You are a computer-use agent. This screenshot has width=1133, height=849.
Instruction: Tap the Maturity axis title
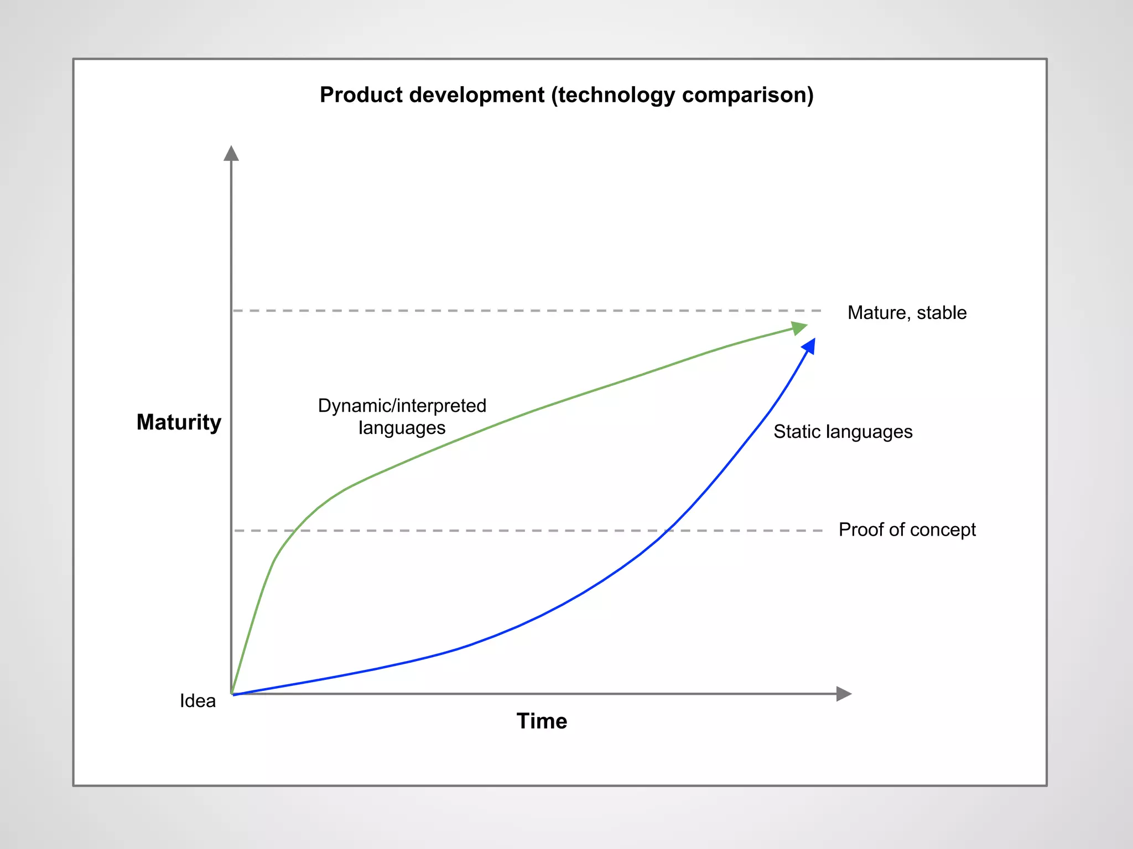pyautogui.click(x=179, y=422)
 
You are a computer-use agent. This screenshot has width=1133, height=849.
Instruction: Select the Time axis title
pyautogui.click(x=542, y=721)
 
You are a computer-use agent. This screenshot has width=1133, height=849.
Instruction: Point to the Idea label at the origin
pyautogui.click(x=198, y=701)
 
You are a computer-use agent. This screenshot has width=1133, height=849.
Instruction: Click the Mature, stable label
pyautogui.click(x=907, y=313)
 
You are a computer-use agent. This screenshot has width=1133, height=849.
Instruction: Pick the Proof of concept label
pyautogui.click(x=907, y=530)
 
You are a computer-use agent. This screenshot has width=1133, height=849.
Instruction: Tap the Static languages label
pyautogui.click(x=843, y=432)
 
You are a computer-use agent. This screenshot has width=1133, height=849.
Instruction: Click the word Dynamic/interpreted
pyautogui.click(x=402, y=406)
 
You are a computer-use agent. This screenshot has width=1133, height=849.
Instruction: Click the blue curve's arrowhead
pyautogui.click(x=809, y=347)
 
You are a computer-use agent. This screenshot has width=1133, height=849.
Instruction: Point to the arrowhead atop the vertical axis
pyautogui.click(x=231, y=153)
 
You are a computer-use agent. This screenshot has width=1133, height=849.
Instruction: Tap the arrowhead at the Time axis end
pyautogui.click(x=843, y=694)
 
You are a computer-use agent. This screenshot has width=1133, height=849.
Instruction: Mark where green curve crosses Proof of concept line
pyautogui.click(x=294, y=531)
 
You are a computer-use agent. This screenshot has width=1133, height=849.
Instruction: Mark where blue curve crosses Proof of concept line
pyautogui.click(x=668, y=531)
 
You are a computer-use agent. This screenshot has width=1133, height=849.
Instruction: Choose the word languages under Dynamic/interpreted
pyautogui.click(x=402, y=428)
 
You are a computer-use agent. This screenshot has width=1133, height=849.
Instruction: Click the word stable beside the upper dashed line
pyautogui.click(x=942, y=313)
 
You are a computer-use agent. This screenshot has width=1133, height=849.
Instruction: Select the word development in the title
pyautogui.click(x=477, y=95)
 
